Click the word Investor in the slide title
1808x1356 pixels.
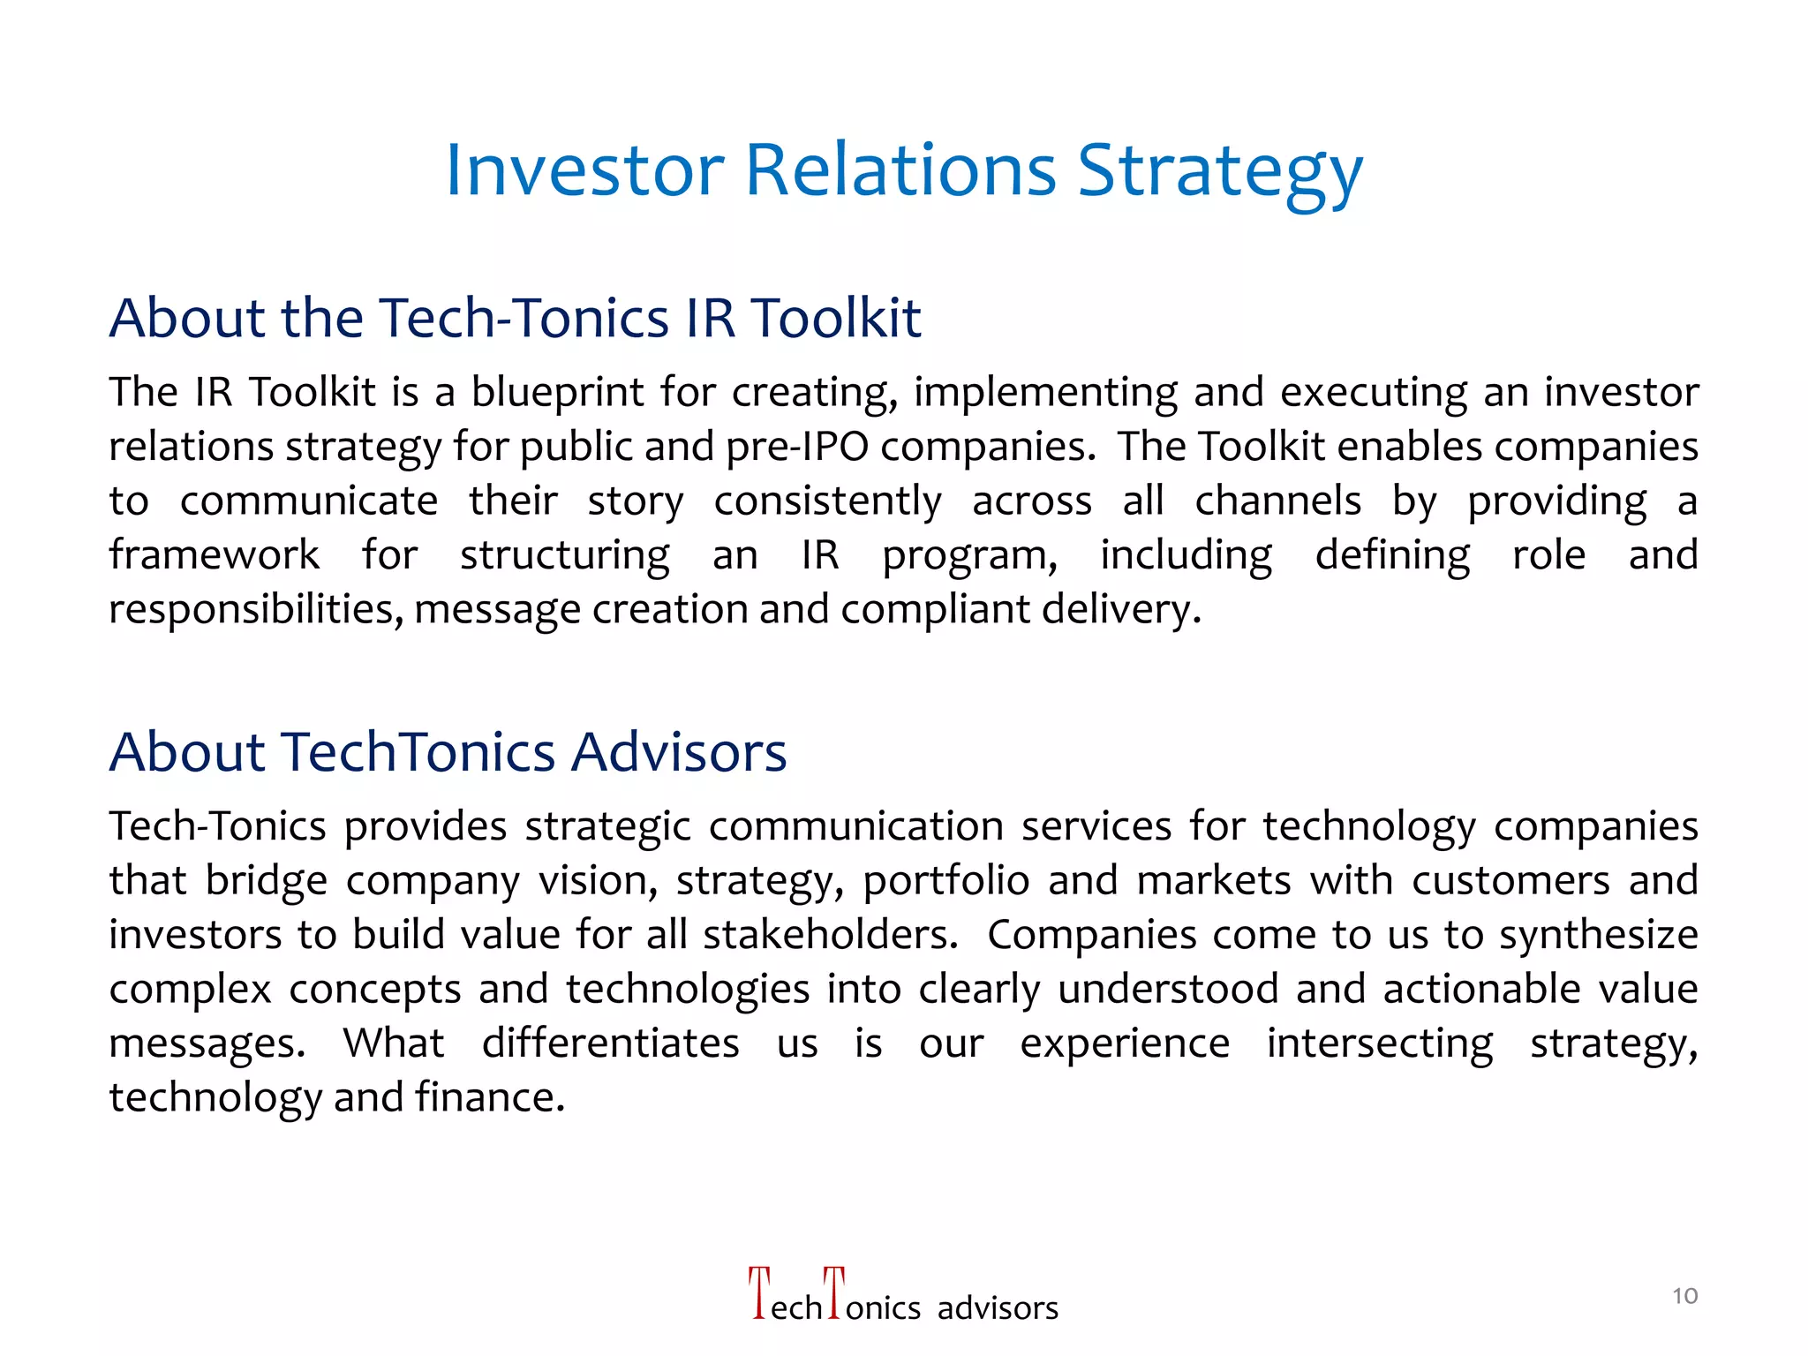[x=584, y=169]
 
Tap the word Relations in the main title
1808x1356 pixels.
[x=900, y=169]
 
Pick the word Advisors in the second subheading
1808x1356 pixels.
[x=678, y=752]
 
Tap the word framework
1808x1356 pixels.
[x=214, y=555]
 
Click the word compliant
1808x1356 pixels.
[x=936, y=610]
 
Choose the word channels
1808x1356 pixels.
[x=1277, y=501]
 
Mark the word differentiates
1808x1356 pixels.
[x=610, y=1043]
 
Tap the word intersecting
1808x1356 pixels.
[x=1380, y=1043]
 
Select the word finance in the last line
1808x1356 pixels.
[x=489, y=1097]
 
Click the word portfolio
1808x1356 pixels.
[x=945, y=881]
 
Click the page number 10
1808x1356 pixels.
[x=1684, y=1296]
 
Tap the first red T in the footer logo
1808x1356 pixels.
[x=758, y=1293]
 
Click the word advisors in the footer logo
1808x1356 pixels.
[x=998, y=1308]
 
